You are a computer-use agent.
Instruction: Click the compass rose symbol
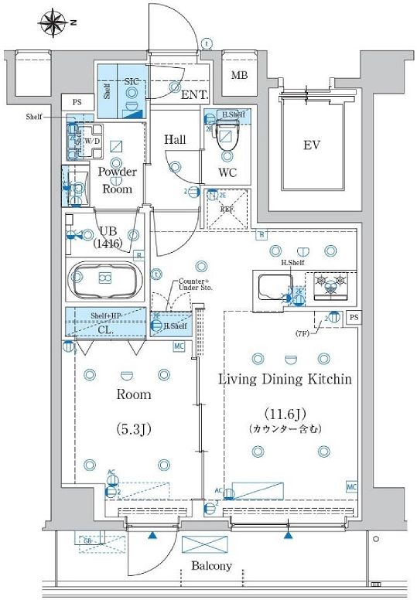[x=53, y=22]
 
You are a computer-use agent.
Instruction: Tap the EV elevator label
[x=311, y=145]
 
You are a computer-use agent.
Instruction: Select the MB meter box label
[x=241, y=76]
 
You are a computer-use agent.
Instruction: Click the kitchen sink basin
[x=270, y=288]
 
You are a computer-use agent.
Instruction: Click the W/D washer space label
[x=91, y=142]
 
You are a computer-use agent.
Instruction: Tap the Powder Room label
[x=118, y=180]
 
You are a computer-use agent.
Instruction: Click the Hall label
[x=174, y=139]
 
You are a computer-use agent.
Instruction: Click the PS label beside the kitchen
[x=354, y=317]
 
